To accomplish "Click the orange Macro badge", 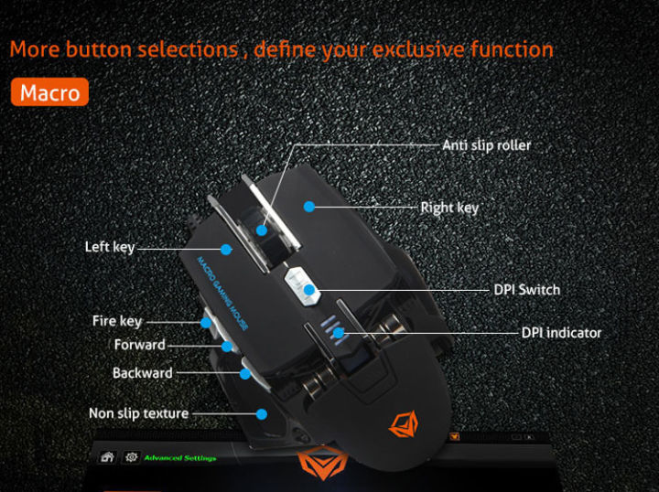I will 49,92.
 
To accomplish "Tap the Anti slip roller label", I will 486,145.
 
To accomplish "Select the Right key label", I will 449,208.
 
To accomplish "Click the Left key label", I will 110,247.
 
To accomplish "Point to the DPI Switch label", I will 526,290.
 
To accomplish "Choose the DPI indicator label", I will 561,333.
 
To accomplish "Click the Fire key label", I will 117,321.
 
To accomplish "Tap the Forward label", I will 139,345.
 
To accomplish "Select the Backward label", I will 142,373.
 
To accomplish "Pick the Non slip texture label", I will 138,413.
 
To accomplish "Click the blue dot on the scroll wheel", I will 262,229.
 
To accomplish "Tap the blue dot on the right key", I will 310,207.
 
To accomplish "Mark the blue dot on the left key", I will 225,247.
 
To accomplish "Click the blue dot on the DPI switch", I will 310,291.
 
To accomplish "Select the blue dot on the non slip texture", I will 261,413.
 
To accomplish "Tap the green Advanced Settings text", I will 180,458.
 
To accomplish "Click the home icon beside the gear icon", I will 107,457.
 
